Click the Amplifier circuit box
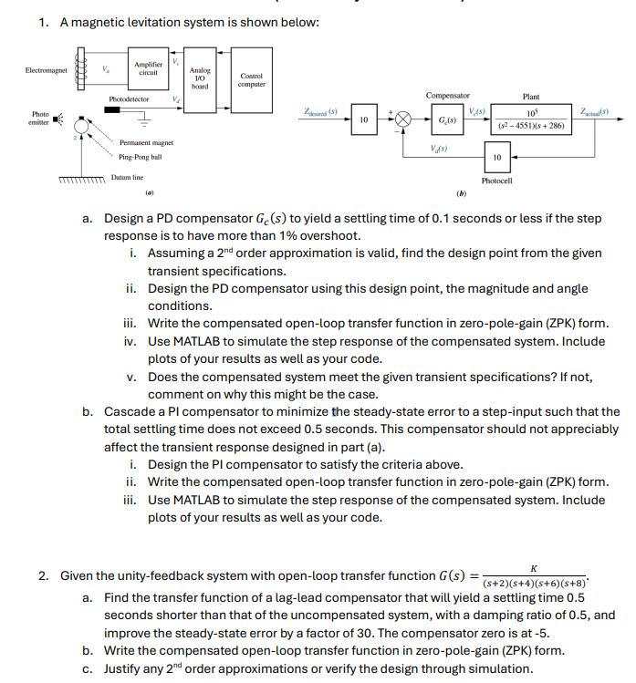click(x=147, y=68)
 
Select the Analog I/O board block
click(x=200, y=77)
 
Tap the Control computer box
click(x=251, y=80)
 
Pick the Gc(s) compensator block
click(x=447, y=120)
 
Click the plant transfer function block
click(x=530, y=120)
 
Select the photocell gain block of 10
click(x=496, y=158)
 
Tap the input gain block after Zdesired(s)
click(x=363, y=120)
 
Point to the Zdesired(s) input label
click(x=320, y=110)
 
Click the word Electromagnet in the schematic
click(x=47, y=69)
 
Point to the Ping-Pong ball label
click(x=139, y=158)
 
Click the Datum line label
click(x=127, y=177)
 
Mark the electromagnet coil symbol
click(x=89, y=69)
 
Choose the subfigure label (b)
click(x=462, y=192)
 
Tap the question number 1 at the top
click(x=43, y=23)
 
